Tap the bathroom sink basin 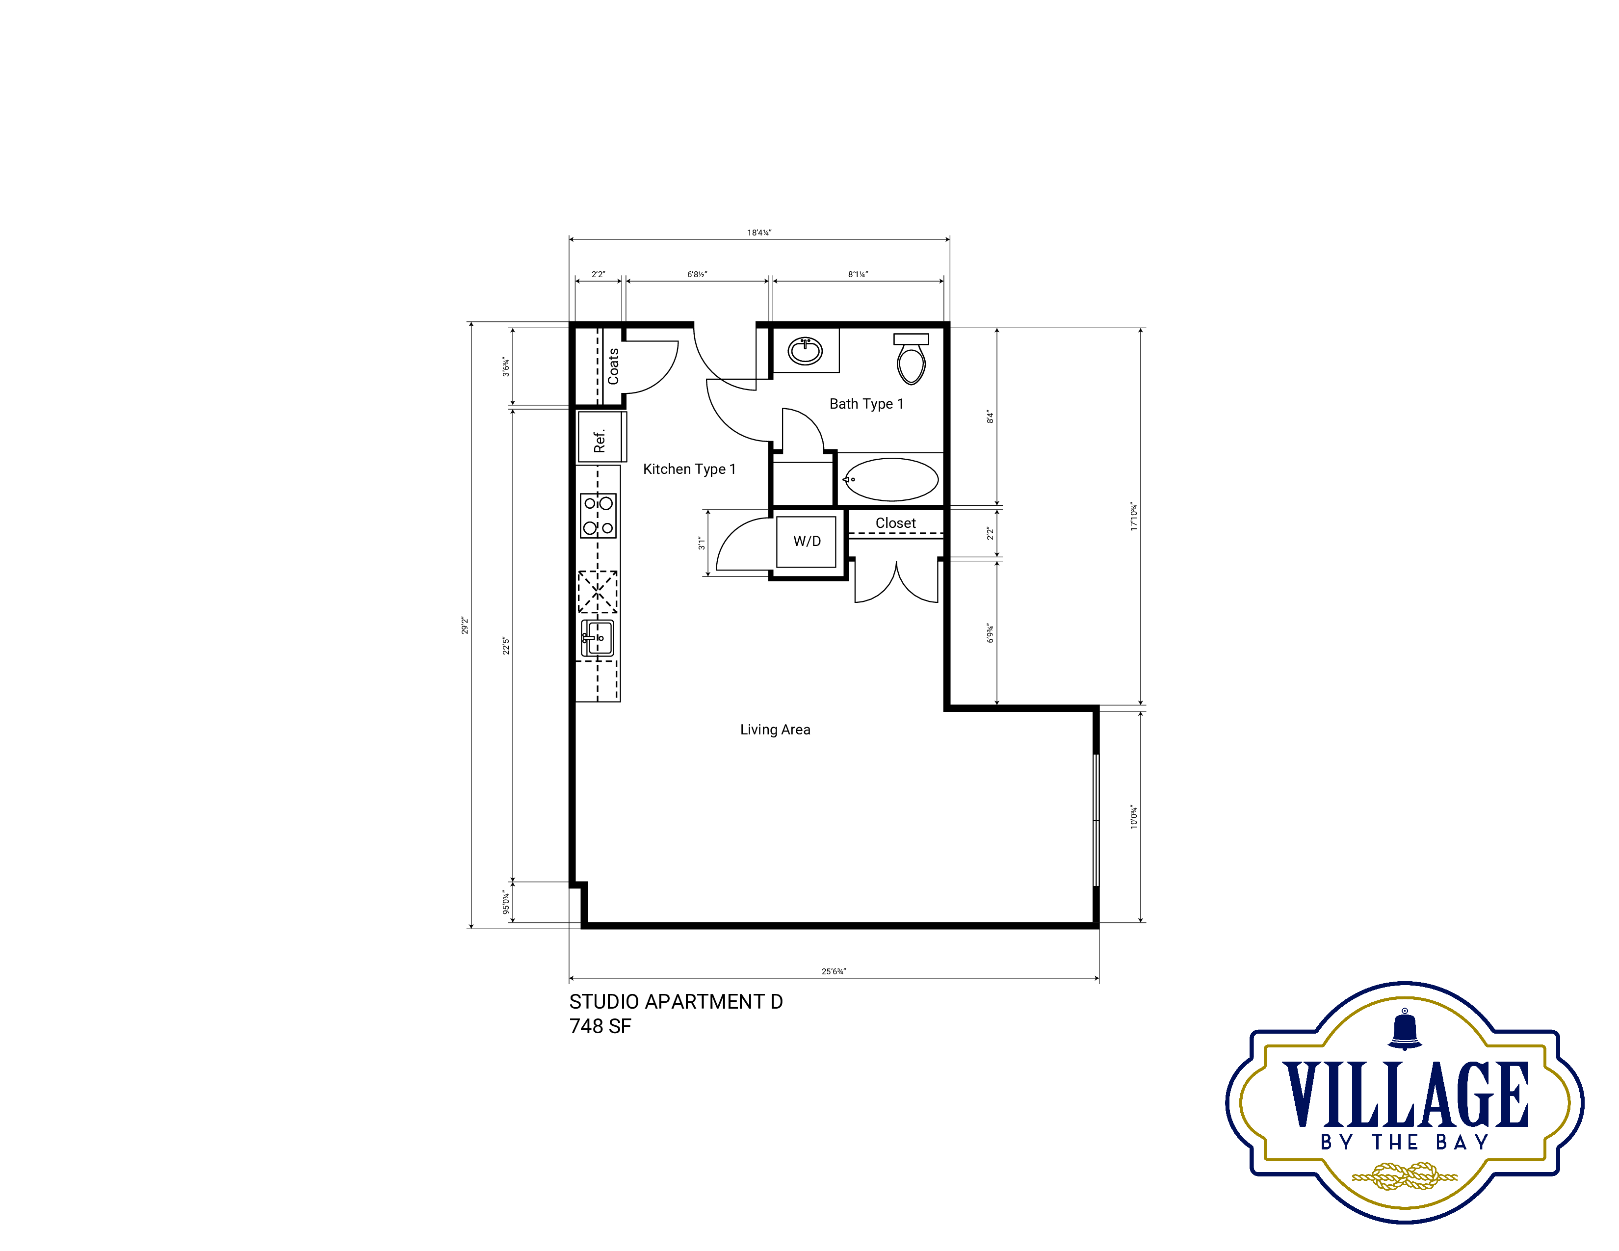point(805,351)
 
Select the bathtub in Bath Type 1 point(891,479)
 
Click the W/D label point(807,542)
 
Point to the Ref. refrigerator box point(602,437)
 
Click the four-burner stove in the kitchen point(598,516)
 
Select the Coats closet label point(613,366)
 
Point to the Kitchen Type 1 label point(689,469)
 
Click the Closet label point(895,523)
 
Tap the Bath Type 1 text point(866,404)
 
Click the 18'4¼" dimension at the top point(759,233)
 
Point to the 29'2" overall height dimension point(465,625)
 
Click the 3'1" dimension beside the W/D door point(701,543)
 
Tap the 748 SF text point(601,1026)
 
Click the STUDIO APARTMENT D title point(676,1002)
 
